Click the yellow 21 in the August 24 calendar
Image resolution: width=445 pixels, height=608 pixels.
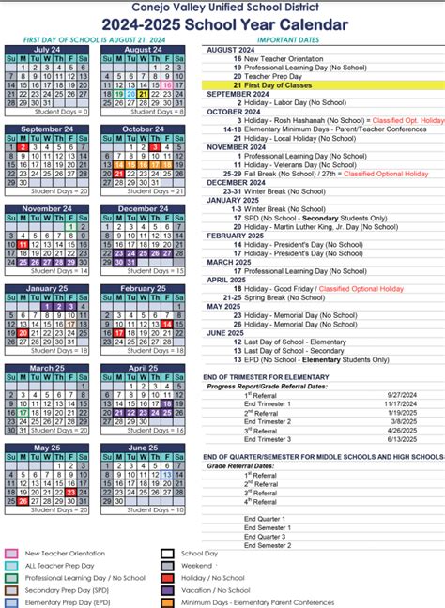[143, 95]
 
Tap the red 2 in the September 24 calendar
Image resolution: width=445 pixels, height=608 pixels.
[23, 147]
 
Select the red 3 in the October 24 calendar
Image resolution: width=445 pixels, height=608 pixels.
[155, 147]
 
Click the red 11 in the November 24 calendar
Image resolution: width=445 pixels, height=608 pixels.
[23, 245]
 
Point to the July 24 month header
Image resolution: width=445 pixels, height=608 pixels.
[47, 50]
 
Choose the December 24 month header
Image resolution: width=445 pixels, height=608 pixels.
[143, 208]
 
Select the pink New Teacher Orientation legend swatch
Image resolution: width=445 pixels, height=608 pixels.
[12, 554]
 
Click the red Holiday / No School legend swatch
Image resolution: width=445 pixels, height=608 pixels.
[168, 578]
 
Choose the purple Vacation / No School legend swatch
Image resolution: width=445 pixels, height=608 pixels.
[168, 590]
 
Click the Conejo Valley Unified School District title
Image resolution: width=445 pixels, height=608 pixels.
[222, 8]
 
